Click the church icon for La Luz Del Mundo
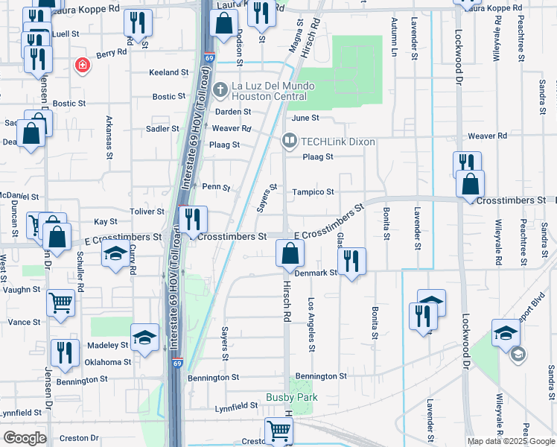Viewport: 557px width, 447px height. (x=219, y=90)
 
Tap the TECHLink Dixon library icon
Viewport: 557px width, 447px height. (x=288, y=141)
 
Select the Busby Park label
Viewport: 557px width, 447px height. (x=292, y=397)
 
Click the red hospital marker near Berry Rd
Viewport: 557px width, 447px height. (x=83, y=66)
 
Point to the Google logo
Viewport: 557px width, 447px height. (x=25, y=438)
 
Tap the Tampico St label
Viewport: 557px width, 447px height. (x=313, y=191)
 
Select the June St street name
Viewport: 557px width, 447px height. (x=305, y=118)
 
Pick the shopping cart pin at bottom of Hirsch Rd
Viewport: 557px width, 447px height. (x=278, y=430)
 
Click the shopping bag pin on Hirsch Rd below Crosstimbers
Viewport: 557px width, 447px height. (x=290, y=254)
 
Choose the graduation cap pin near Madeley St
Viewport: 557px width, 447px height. (x=144, y=337)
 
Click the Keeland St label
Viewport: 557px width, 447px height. (x=168, y=72)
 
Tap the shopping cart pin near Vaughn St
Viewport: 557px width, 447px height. (x=60, y=303)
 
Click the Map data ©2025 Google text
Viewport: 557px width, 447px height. (x=510, y=441)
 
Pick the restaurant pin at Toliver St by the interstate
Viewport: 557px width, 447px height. (x=193, y=219)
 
